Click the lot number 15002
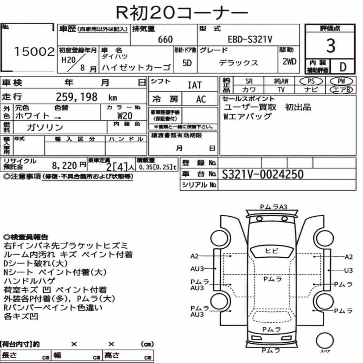pos(34,52)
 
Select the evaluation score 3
pos(331,46)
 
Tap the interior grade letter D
pos(343,67)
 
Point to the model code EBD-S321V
pos(250,39)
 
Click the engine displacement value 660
pos(165,39)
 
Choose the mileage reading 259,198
pos(77,97)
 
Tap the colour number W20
pos(125,115)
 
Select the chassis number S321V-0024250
pos(262,174)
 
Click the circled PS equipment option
pos(311,81)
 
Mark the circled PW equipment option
pos(341,81)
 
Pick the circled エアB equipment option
pos(341,90)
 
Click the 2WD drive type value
pos(289,61)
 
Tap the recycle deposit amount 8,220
pos(64,166)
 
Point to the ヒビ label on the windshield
pos(272,251)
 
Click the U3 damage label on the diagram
pos(348,270)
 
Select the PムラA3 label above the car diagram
pos(273,207)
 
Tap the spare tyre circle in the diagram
pos(325,341)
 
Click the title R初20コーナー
pos(182,12)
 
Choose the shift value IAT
pos(195,85)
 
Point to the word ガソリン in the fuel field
pos(45,127)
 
